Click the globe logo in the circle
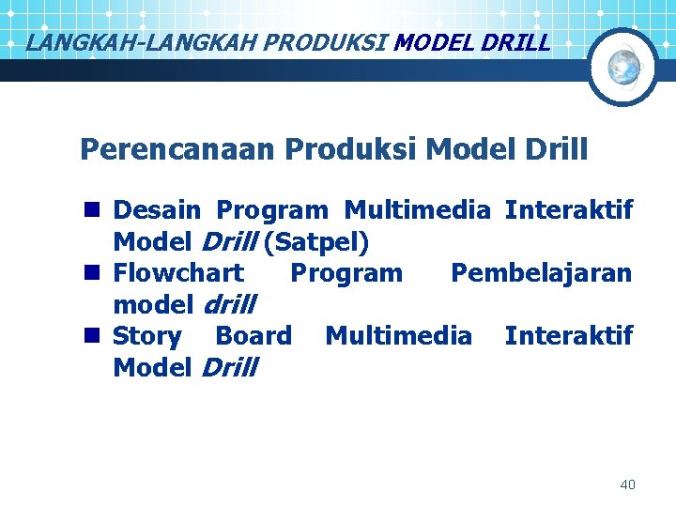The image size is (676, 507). (x=623, y=67)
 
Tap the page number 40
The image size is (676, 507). (x=627, y=484)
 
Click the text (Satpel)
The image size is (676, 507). (x=316, y=242)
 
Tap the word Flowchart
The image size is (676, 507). (x=177, y=273)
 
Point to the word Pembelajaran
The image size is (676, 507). (x=541, y=273)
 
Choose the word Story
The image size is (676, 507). (x=146, y=335)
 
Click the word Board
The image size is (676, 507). (x=253, y=335)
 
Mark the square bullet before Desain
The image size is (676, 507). (x=91, y=210)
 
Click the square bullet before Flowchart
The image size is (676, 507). (x=91, y=273)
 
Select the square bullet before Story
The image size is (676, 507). (x=91, y=335)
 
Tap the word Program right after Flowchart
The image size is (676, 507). (x=346, y=273)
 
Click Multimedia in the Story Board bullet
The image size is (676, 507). (x=398, y=335)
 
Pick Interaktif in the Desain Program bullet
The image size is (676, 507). (x=568, y=210)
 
